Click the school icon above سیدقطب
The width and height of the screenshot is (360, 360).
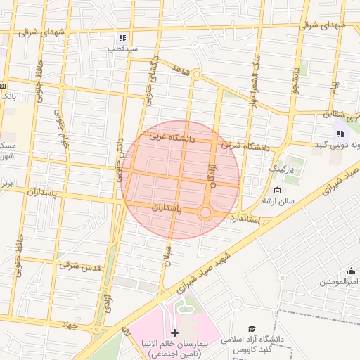tap(122, 38)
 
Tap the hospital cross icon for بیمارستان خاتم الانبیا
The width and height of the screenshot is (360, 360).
tap(174, 332)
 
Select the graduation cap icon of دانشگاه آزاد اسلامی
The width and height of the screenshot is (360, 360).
tap(251, 328)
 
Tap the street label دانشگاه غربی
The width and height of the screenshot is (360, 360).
tap(167, 138)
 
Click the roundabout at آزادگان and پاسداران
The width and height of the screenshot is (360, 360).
tap(205, 212)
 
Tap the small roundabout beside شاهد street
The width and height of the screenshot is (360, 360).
tap(197, 75)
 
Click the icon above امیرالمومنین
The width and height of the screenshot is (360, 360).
tap(352, 271)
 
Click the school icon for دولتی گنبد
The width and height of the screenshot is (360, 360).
tap(340, 134)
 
